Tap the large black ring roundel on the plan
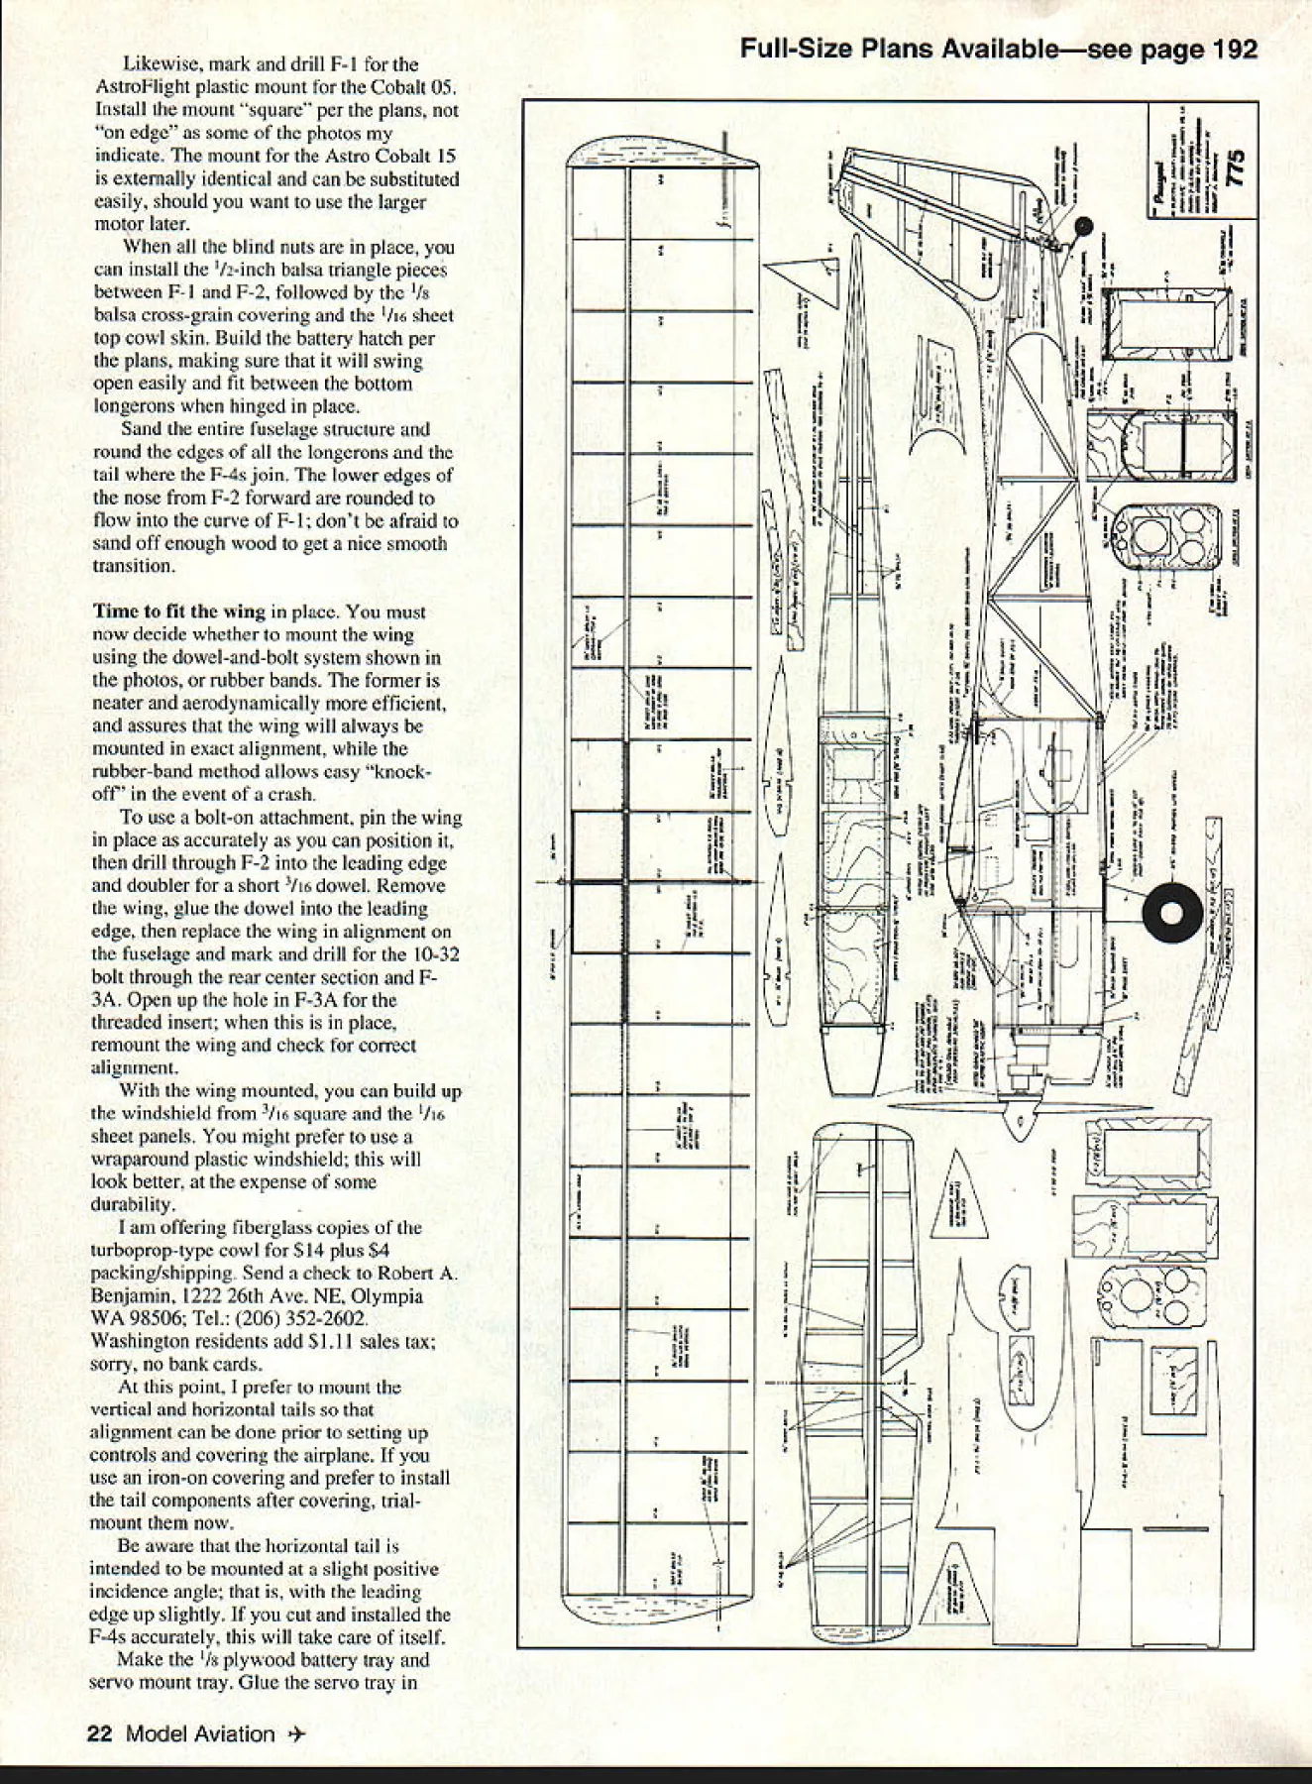(x=1172, y=914)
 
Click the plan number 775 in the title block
(x=1235, y=167)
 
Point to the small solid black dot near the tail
(x=1082, y=229)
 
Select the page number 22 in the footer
(x=100, y=1733)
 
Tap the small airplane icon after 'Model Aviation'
(x=296, y=1733)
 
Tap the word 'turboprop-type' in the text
(x=149, y=1251)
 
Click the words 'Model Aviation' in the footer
(x=201, y=1733)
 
